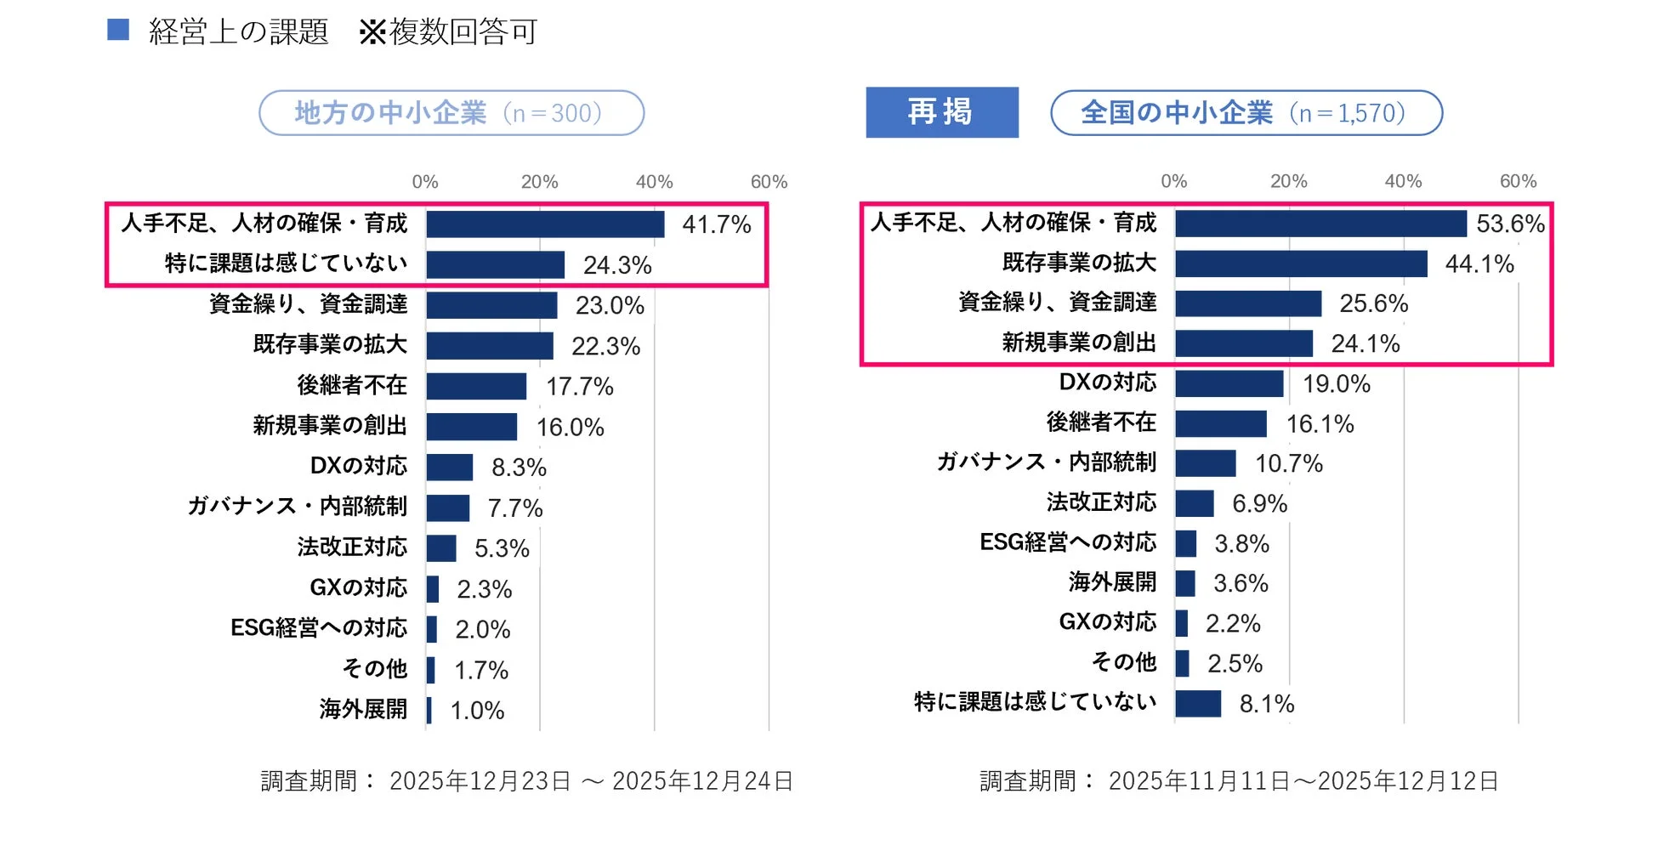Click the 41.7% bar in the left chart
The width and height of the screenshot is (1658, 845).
[544, 224]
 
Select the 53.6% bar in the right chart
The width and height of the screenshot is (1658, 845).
[1320, 224]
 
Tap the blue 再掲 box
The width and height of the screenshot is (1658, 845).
[941, 112]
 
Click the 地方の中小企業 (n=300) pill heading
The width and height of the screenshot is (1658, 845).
[451, 113]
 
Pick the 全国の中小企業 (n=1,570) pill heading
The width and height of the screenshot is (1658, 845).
[1246, 113]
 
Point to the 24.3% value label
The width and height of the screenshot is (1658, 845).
[617, 265]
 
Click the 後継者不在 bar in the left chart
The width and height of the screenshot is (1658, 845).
[476, 386]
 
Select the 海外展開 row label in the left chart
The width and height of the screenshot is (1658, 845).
[363, 709]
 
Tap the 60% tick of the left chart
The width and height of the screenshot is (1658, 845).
[769, 182]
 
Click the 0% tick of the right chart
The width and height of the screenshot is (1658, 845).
[1173, 181]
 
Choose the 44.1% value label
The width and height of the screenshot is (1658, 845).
[1479, 264]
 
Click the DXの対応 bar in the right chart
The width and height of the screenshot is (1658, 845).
[1229, 383]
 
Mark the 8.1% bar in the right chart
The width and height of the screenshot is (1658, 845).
[1198, 704]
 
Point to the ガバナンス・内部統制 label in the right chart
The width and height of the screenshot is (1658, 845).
[1046, 462]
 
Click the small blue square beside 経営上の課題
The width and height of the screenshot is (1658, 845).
[118, 31]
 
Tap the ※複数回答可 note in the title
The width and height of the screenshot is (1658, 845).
[448, 32]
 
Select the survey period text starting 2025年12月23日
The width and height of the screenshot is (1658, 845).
[527, 780]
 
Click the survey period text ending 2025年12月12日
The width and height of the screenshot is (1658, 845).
[1239, 780]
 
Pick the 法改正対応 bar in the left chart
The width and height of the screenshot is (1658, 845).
[440, 548]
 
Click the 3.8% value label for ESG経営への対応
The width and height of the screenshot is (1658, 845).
[1241, 544]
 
